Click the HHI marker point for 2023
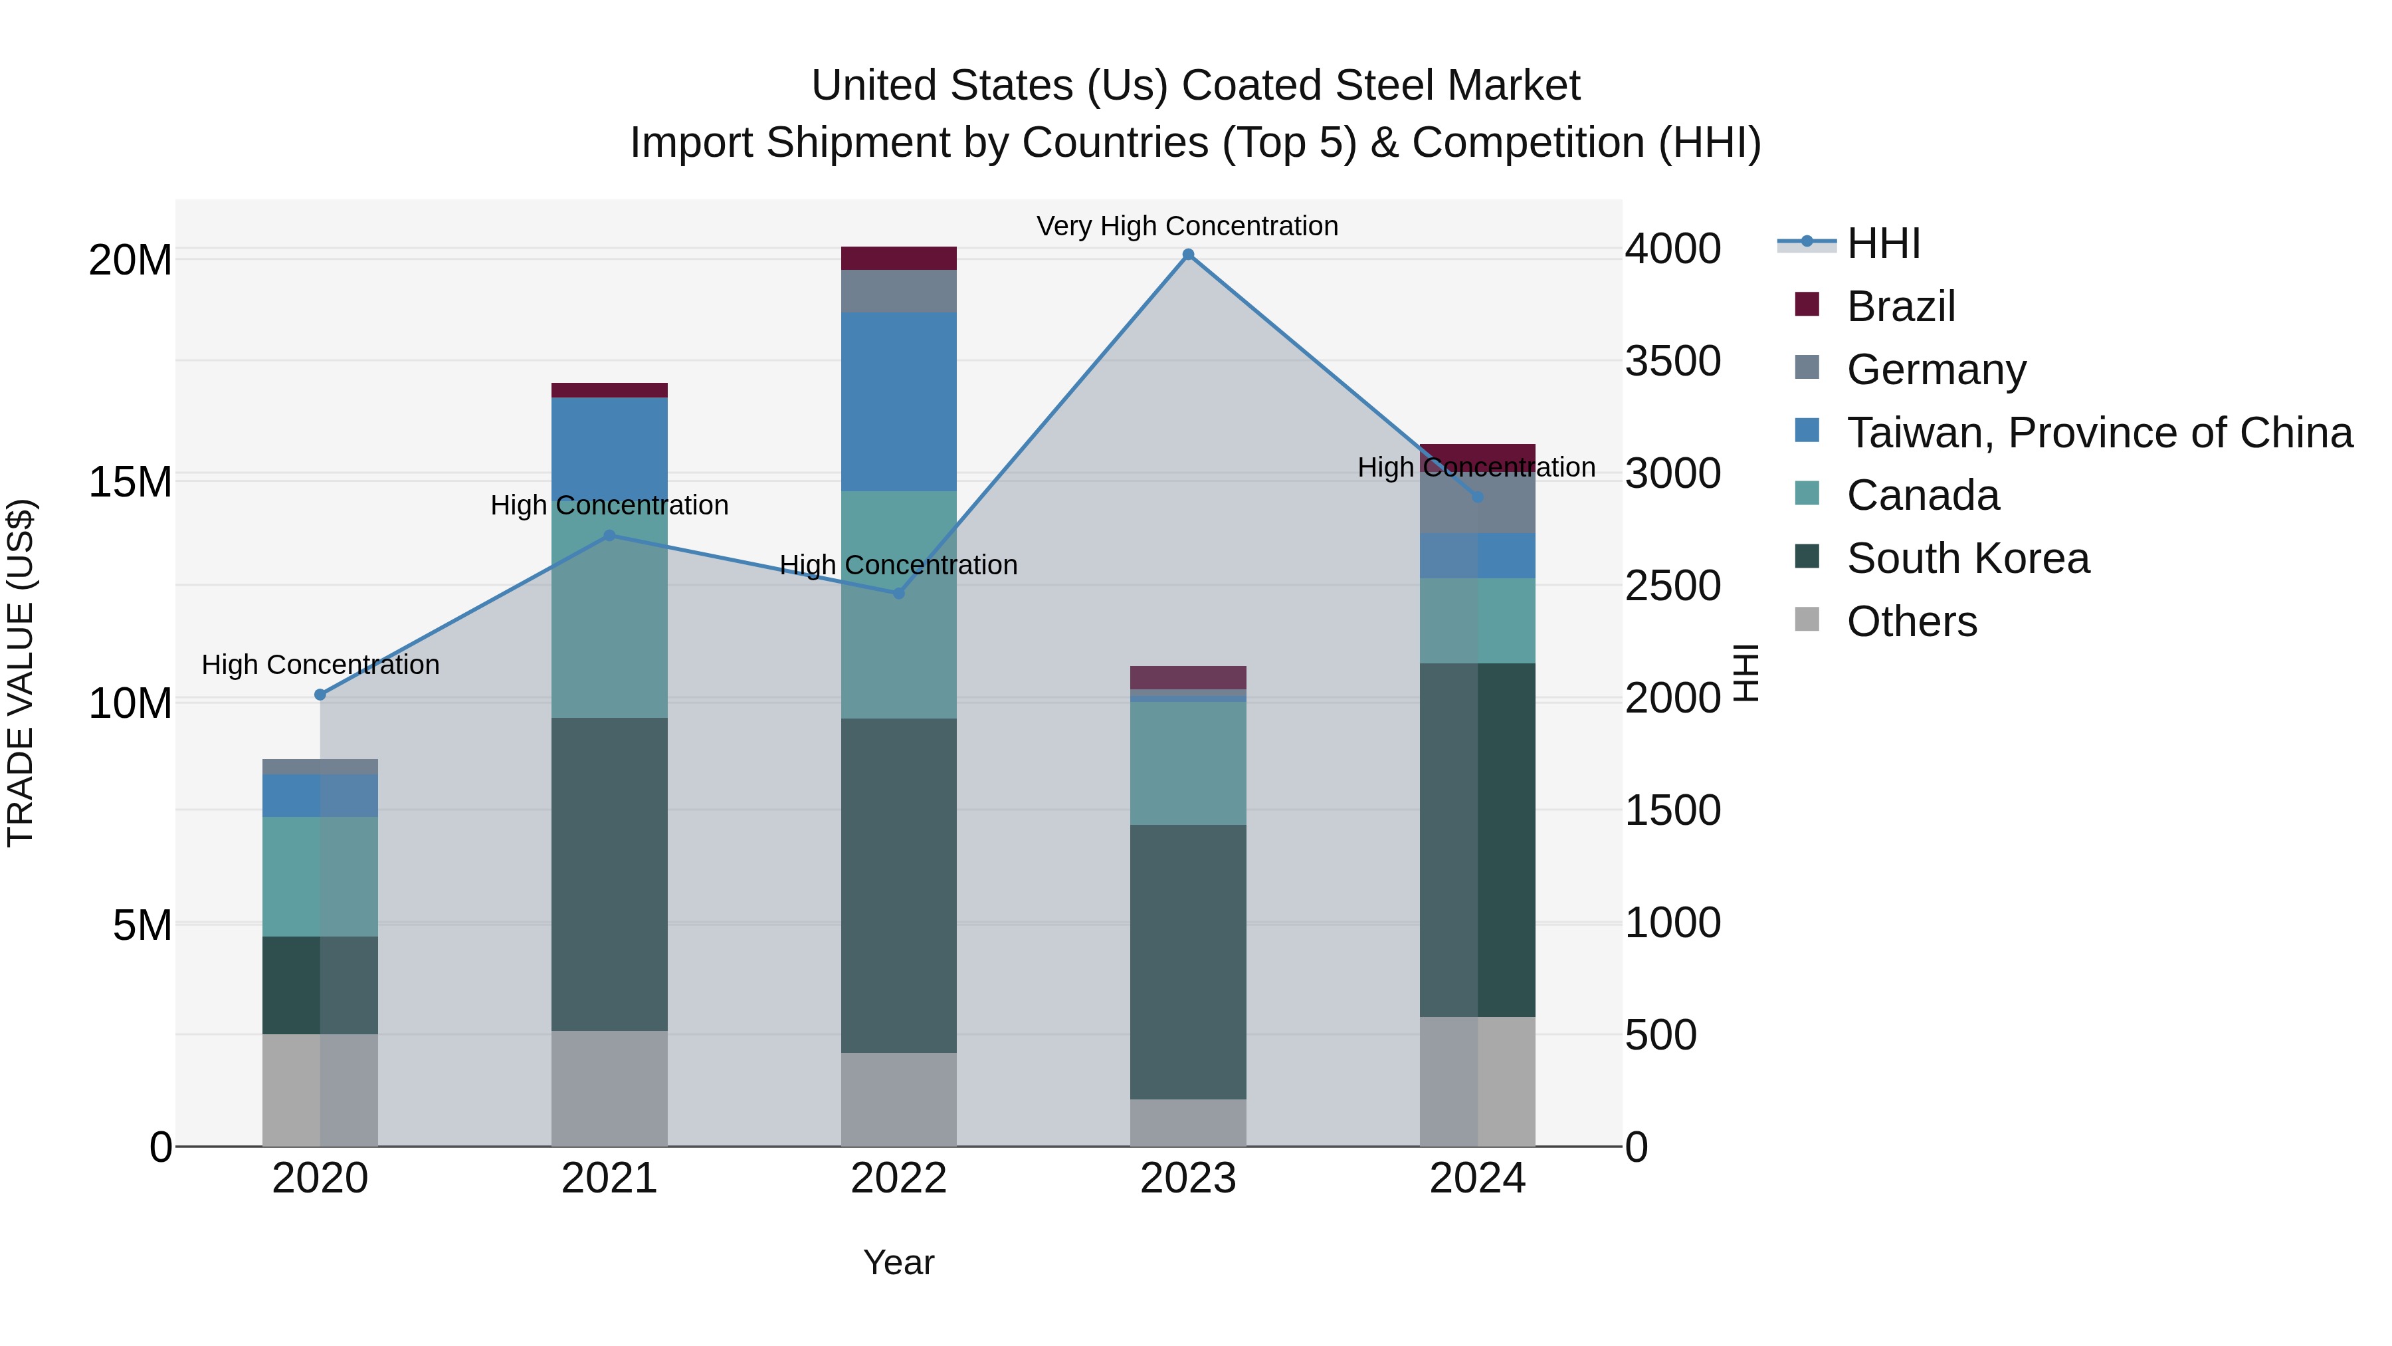(x=1187, y=255)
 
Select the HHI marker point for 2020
(x=320, y=695)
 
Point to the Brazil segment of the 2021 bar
(x=609, y=390)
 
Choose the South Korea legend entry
(x=1967, y=558)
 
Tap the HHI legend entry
(x=1882, y=243)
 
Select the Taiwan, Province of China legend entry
(x=2098, y=433)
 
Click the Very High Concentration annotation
(x=1187, y=227)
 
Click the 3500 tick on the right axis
(x=1672, y=362)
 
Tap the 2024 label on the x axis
(x=1476, y=1178)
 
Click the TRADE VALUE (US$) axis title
(x=21, y=673)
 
